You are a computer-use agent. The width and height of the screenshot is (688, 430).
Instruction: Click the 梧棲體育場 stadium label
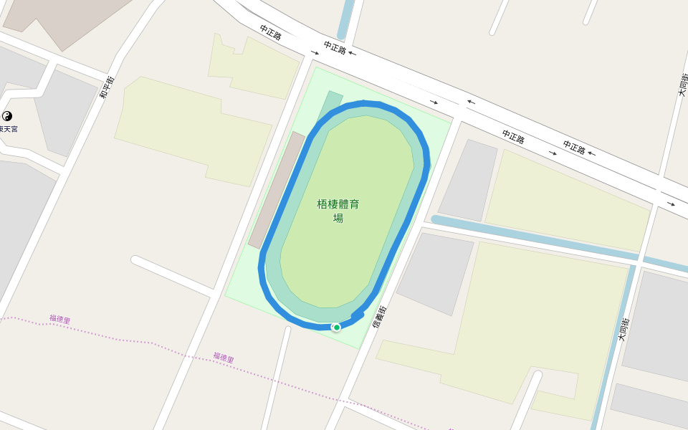point(338,211)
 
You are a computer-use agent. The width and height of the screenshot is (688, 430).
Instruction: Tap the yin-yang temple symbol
point(8,116)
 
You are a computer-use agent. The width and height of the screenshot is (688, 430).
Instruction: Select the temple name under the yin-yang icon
point(9,129)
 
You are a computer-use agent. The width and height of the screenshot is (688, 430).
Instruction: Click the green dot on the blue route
point(337,328)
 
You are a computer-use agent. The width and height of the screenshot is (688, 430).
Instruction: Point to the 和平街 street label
point(107,87)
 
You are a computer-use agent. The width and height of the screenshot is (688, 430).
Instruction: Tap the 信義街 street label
point(379,317)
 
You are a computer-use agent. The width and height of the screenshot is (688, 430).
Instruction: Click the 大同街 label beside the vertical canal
point(623,329)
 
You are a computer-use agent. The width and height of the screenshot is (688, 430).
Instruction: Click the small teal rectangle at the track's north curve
point(330,102)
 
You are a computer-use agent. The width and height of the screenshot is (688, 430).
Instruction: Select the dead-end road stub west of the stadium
point(172,274)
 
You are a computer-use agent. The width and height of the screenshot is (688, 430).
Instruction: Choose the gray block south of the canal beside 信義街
point(434,272)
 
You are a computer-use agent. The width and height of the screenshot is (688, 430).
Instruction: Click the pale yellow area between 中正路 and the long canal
point(566,201)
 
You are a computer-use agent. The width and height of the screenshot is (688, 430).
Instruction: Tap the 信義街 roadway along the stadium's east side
point(401,265)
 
